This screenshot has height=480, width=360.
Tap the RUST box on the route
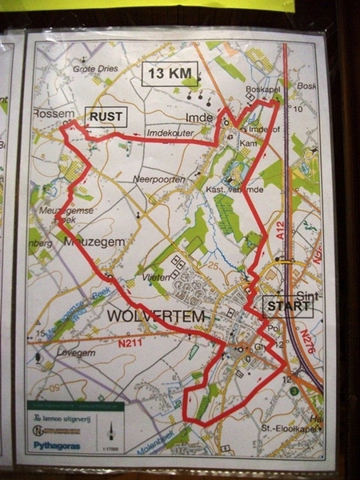point(106,117)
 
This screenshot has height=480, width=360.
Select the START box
point(282,306)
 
